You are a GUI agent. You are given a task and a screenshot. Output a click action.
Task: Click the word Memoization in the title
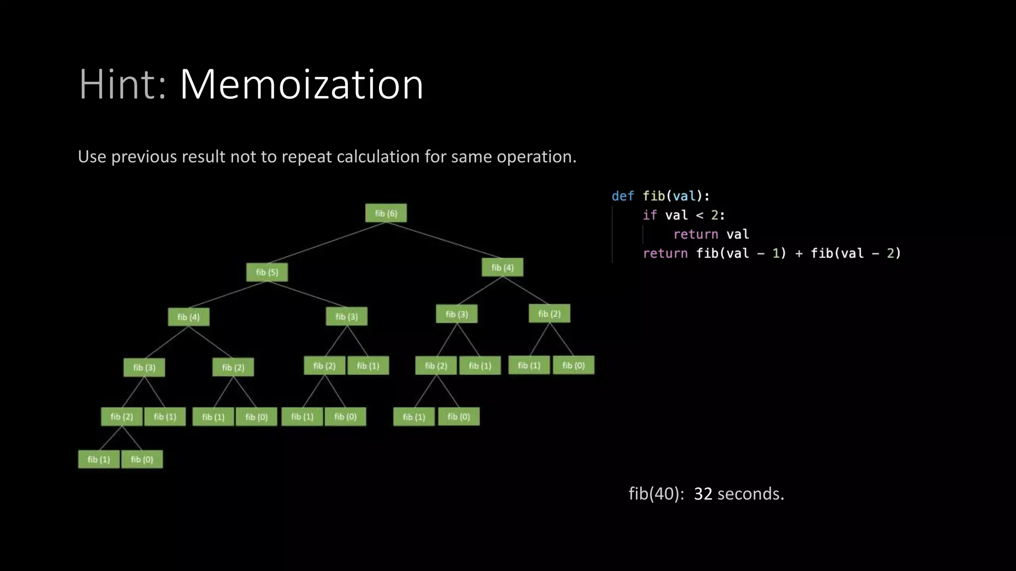pyautogui.click(x=301, y=84)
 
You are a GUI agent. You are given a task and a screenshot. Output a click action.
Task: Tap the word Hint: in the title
pyautogui.click(x=123, y=84)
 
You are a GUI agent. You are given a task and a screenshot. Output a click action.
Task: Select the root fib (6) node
pyautogui.click(x=386, y=213)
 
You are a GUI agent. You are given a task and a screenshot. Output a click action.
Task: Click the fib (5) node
pyautogui.click(x=267, y=272)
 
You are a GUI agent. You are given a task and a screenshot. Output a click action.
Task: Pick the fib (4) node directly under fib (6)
pyautogui.click(x=502, y=268)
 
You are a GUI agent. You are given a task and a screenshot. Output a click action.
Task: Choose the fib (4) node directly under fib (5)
pyautogui.click(x=189, y=317)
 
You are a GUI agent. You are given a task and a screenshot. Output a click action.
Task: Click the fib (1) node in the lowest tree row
pyautogui.click(x=99, y=459)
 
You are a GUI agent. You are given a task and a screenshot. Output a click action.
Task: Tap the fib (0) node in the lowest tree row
pyautogui.click(x=142, y=459)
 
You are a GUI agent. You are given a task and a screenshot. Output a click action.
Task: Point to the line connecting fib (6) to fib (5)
pyautogui.click(x=326, y=242)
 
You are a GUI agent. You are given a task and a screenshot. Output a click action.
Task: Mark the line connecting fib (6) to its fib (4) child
pyautogui.click(x=444, y=240)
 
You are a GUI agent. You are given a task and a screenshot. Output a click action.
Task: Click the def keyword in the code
pyautogui.click(x=623, y=196)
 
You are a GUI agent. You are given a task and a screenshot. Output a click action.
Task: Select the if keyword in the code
pyautogui.click(x=649, y=215)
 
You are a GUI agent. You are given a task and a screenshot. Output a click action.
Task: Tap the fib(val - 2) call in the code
pyautogui.click(x=855, y=253)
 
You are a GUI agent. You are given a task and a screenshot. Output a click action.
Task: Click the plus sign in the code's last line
pyautogui.click(x=799, y=253)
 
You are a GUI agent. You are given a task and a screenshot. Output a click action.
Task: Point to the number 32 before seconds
pyautogui.click(x=703, y=494)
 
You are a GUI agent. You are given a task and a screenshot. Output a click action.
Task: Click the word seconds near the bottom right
pyautogui.click(x=751, y=494)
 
